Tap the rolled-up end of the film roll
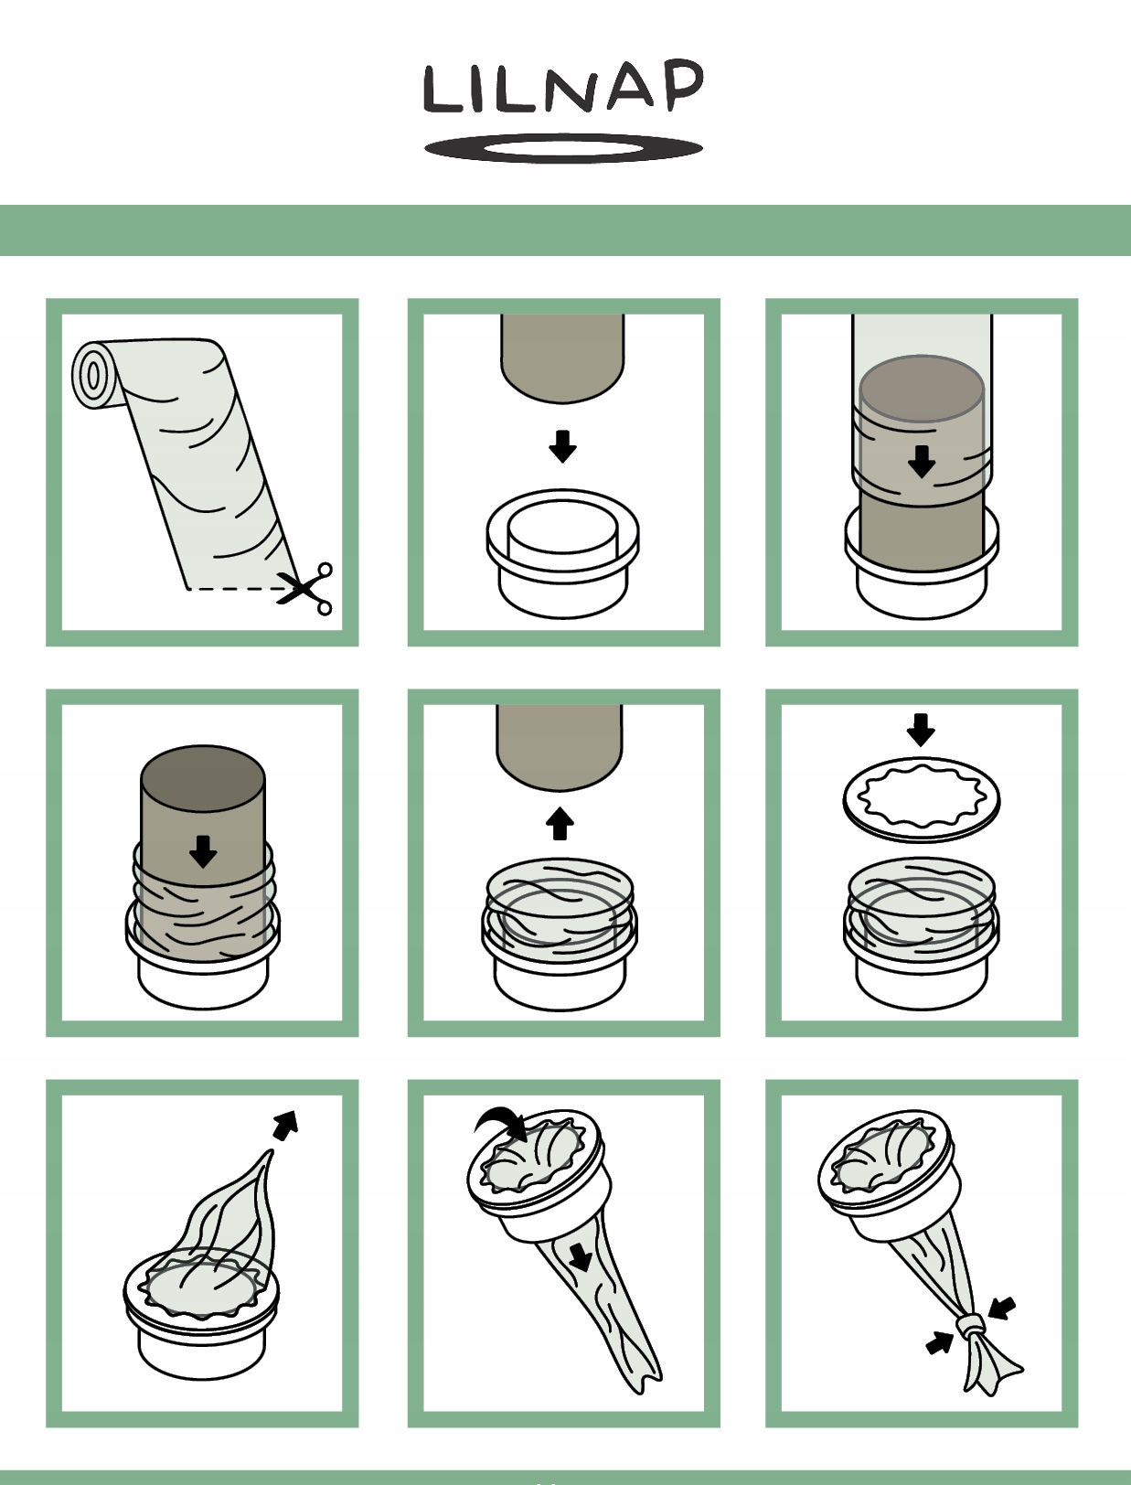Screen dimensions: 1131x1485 tap(95, 376)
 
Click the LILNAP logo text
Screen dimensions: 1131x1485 tap(563, 87)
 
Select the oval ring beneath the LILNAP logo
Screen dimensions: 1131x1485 tap(563, 148)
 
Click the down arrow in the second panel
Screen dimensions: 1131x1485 tap(563, 446)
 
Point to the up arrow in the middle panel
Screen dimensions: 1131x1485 tap(560, 823)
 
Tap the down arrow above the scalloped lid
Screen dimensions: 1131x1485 tap(921, 730)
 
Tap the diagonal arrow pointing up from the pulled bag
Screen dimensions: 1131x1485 tap(285, 1125)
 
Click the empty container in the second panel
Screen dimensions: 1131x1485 tap(563, 553)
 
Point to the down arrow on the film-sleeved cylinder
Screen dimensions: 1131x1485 tap(922, 462)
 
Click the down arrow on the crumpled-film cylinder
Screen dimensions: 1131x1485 tap(203, 851)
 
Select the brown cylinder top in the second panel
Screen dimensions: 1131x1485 tap(563, 358)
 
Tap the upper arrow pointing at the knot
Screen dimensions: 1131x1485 tap(1002, 1307)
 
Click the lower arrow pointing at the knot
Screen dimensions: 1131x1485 tap(940, 1342)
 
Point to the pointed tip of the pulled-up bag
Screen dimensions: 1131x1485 tap(272, 1151)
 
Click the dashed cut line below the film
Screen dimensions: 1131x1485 tap(233, 589)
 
